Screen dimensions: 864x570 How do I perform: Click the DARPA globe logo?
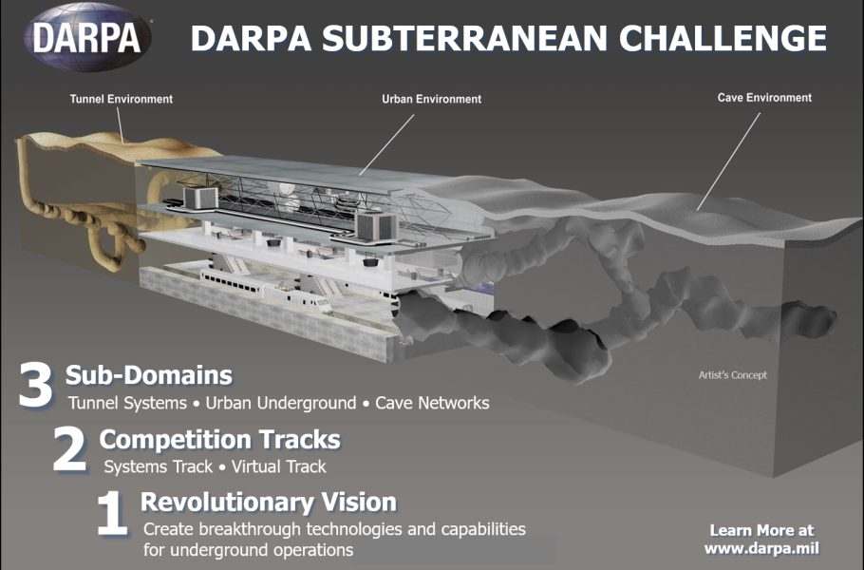[x=88, y=37]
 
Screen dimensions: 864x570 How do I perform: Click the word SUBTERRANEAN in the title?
[x=464, y=39]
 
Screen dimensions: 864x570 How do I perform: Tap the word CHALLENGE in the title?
[x=723, y=39]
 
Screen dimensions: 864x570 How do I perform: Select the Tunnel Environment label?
[x=122, y=99]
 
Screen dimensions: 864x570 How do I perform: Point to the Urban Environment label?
[x=431, y=99]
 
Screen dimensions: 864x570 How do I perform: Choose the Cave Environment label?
[x=764, y=98]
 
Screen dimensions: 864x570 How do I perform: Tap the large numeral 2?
[x=70, y=448]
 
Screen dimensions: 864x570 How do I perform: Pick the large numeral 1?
[x=112, y=514]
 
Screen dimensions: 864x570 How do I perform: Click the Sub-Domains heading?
[x=149, y=375]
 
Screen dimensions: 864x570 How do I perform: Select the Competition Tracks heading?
[x=220, y=440]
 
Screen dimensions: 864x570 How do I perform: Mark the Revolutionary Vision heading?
[x=269, y=503]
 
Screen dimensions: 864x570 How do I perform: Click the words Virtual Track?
[x=279, y=466]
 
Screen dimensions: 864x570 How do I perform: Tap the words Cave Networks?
[x=432, y=403]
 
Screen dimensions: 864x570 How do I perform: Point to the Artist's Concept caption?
[x=733, y=375]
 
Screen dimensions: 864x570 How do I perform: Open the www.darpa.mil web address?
[x=761, y=548]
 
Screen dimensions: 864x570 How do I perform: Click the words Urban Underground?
[x=281, y=403]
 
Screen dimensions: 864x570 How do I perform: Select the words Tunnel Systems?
[x=128, y=403]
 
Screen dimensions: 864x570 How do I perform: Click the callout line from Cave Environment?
[x=728, y=161]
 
